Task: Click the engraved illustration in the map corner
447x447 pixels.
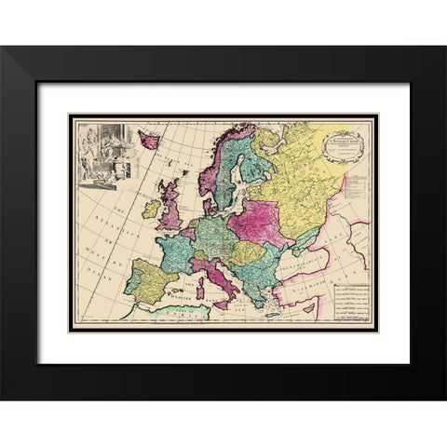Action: pos(103,151)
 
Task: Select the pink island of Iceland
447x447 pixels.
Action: pos(148,140)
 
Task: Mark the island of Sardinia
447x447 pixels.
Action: pos(198,290)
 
